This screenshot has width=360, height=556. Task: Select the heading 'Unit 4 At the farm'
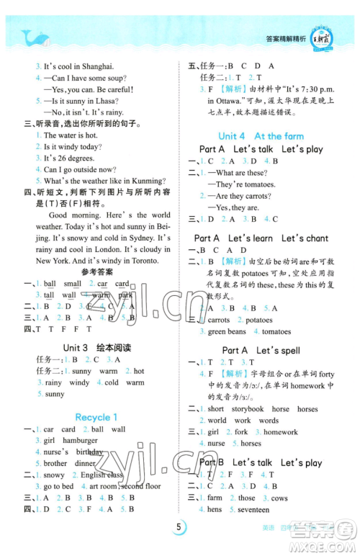261,135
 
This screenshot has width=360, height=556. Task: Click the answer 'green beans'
226,332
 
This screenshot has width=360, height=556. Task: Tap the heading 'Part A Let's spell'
261,350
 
